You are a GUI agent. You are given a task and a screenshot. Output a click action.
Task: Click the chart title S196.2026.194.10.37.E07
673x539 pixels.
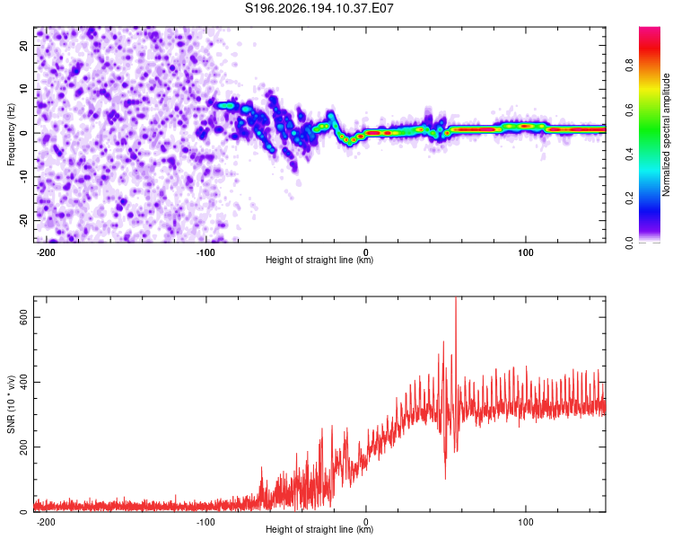coord(319,8)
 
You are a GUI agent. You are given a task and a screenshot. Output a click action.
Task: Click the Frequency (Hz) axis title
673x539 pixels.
coord(11,135)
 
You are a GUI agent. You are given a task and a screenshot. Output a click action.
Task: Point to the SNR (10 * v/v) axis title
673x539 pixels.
coord(11,404)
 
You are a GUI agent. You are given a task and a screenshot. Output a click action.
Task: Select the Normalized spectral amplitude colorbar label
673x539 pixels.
coord(666,135)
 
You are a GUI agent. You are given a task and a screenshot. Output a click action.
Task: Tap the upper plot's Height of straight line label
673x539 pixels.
coord(319,260)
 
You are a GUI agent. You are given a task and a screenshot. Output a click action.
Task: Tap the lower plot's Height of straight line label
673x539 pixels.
coord(319,529)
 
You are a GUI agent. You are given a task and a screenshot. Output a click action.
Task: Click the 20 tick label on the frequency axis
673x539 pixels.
coord(24,45)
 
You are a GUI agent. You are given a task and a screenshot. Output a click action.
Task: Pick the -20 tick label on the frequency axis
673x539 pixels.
coord(24,221)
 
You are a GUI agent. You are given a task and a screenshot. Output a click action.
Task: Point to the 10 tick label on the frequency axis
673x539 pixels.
coord(24,89)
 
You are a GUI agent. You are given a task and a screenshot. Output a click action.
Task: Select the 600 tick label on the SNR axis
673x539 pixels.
coord(24,317)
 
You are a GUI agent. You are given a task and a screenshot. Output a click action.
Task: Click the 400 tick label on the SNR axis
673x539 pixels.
coord(24,382)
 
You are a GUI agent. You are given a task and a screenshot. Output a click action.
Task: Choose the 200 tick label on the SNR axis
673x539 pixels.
coord(24,447)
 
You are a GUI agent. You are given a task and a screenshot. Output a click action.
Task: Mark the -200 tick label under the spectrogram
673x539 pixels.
coord(46,252)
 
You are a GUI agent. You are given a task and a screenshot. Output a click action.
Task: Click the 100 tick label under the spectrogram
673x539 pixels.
coord(525,252)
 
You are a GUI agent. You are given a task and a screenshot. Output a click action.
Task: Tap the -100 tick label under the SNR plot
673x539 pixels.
coord(205,522)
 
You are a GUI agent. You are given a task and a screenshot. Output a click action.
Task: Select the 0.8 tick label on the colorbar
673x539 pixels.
coord(629,66)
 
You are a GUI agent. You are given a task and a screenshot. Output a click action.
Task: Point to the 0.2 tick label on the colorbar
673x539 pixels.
coord(629,199)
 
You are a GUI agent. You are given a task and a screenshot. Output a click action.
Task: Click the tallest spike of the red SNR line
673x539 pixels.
coord(456,298)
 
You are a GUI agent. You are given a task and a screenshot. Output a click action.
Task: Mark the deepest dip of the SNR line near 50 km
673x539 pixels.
coord(445,479)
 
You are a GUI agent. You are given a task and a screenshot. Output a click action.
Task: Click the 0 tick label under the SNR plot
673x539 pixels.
coord(366,522)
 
